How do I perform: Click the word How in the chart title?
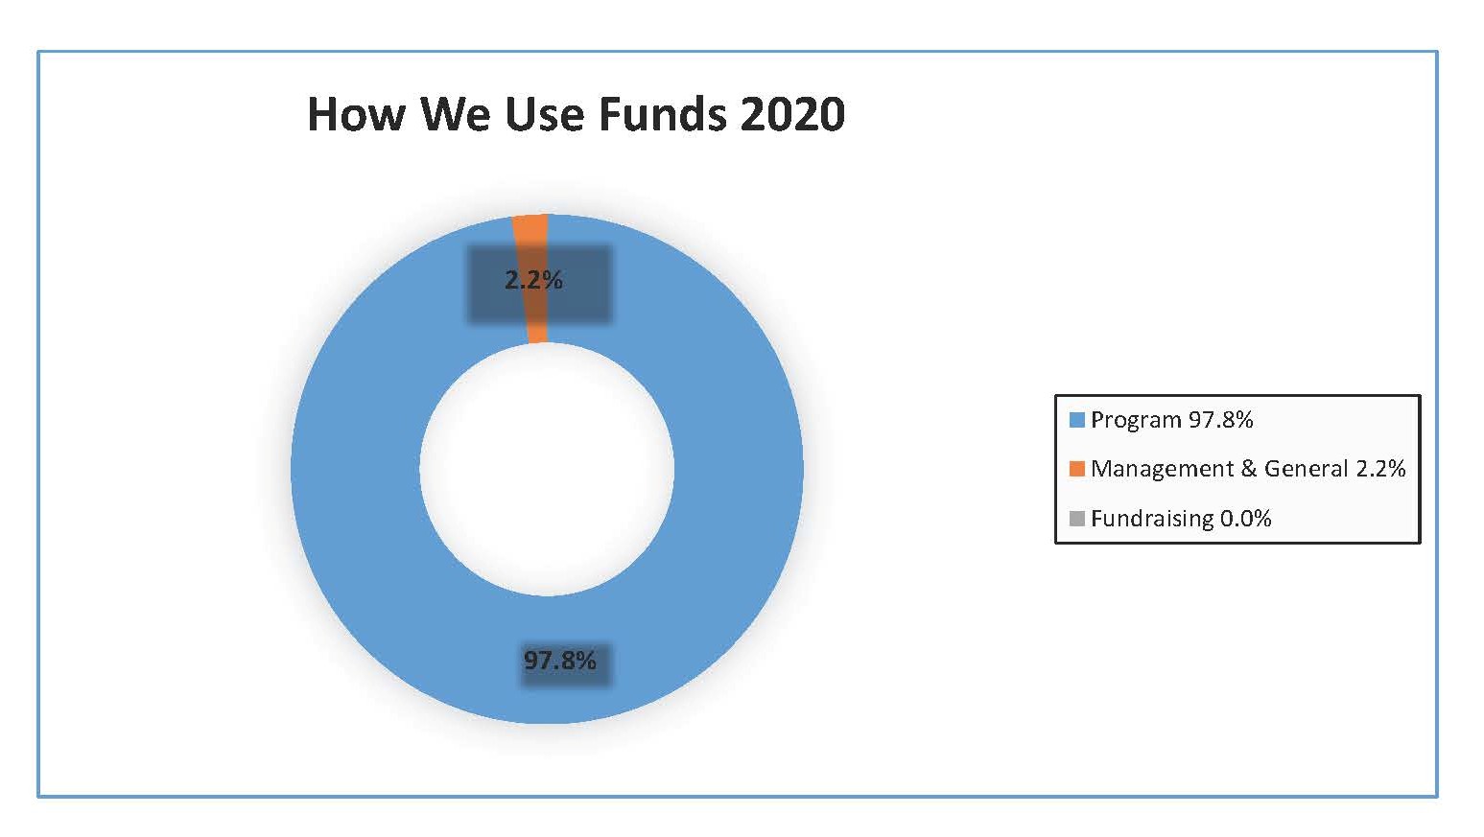pos(356,114)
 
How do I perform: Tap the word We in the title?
pos(455,114)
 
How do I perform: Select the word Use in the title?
pos(545,114)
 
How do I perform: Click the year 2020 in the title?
pos(792,114)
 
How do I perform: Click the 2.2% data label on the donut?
pos(533,280)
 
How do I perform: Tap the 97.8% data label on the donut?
pos(560,661)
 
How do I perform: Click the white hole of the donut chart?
pos(547,469)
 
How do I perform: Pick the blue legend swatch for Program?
pos(1077,420)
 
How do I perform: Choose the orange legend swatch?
pos(1077,469)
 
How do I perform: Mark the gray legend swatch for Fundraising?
pos(1077,519)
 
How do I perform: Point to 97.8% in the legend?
pos(1220,420)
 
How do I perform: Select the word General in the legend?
pos(1306,469)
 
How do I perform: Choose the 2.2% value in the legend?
pos(1380,469)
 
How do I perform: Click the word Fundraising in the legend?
pos(1152,519)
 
